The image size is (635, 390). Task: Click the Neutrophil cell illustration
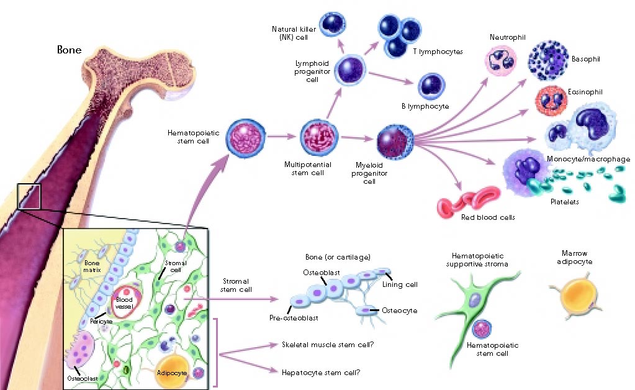[500, 61]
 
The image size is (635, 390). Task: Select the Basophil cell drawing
[548, 60]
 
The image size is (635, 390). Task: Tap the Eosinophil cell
[551, 101]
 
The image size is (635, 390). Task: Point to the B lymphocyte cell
[431, 86]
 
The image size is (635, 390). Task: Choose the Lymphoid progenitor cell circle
[350, 70]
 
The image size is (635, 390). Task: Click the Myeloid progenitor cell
[395, 142]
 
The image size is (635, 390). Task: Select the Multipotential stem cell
[318, 137]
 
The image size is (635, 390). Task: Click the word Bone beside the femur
[70, 50]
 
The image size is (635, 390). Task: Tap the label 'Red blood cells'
[488, 217]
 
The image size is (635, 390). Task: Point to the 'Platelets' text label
[564, 202]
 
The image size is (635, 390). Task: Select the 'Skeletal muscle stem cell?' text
[328, 345]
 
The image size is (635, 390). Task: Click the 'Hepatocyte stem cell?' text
[321, 373]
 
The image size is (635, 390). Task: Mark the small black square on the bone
[29, 197]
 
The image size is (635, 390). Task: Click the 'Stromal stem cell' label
[236, 285]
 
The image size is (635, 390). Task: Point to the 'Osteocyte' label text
[399, 311]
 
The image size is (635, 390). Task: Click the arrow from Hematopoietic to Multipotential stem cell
[282, 137]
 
